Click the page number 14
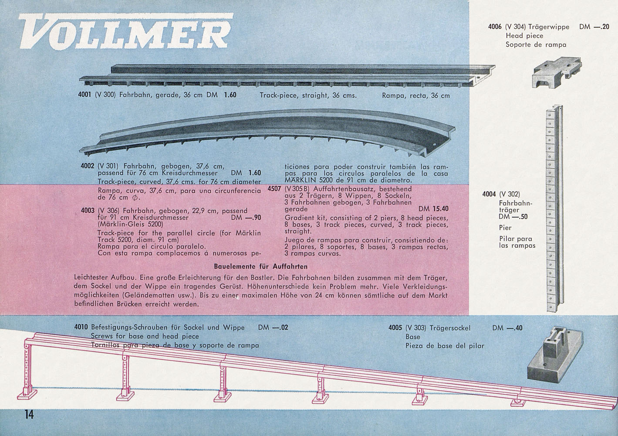tap(29, 415)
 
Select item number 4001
tap(84, 95)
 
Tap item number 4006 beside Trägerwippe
tap(495, 27)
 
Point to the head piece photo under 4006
tap(557, 72)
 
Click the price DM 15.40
tap(433, 209)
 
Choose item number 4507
tap(274, 189)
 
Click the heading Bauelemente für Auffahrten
tap(260, 266)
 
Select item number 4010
tap(81, 327)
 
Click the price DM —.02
tap(273, 327)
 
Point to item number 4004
tap(489, 194)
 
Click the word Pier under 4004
tap(505, 228)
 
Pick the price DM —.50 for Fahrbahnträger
tap(513, 217)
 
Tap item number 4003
tap(88, 211)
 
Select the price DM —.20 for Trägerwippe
tap(594, 27)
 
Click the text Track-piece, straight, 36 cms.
tap(308, 95)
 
